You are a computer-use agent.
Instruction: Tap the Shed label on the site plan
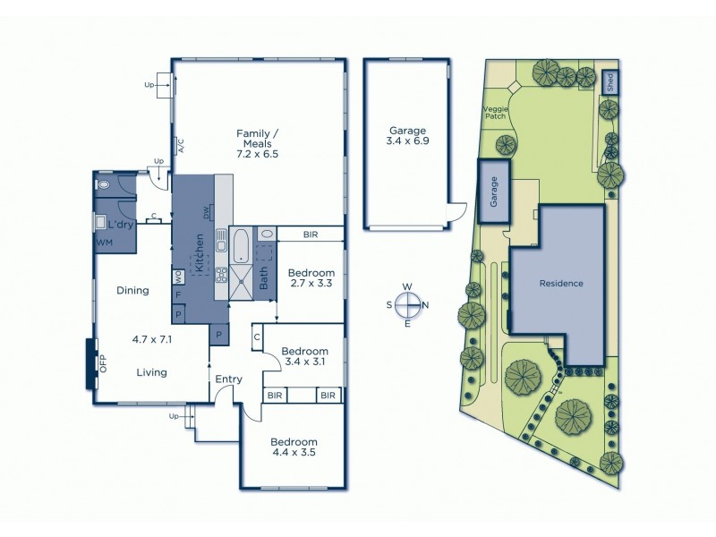(609, 81)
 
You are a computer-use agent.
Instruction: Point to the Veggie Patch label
(496, 111)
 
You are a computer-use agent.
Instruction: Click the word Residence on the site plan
(561, 284)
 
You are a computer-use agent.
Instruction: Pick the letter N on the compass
(425, 305)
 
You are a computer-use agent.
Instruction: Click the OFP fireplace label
(103, 363)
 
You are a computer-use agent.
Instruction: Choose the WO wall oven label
(178, 274)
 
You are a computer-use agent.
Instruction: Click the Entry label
(228, 379)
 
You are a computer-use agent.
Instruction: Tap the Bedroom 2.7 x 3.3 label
(311, 278)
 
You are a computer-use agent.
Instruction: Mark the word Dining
(132, 290)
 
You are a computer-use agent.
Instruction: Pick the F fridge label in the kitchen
(178, 294)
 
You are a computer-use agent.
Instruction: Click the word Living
(151, 372)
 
